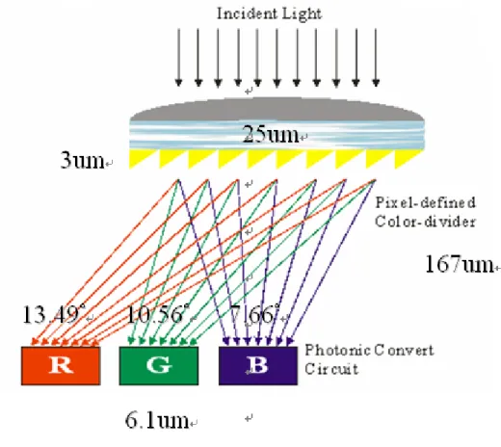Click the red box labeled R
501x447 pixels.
[x=61, y=365]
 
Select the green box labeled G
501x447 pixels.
[x=159, y=365]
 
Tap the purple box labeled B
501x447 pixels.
[x=258, y=365]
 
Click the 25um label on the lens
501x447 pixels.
[x=271, y=134]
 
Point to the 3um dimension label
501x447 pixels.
[x=82, y=160]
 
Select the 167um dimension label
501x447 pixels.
[x=460, y=264]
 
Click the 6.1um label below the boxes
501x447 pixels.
[x=157, y=420]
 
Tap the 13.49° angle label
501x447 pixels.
[x=54, y=314]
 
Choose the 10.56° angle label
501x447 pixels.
[x=158, y=314]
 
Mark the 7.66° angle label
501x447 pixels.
[x=254, y=314]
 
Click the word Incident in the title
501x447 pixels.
[x=247, y=13]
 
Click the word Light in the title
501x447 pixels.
[x=302, y=14]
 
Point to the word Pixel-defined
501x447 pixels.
[x=425, y=202]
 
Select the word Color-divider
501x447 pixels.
[x=425, y=222]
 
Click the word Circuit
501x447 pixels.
[x=331, y=369]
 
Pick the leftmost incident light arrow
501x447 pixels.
[x=178, y=58]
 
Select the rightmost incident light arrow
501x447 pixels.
[x=376, y=58]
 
